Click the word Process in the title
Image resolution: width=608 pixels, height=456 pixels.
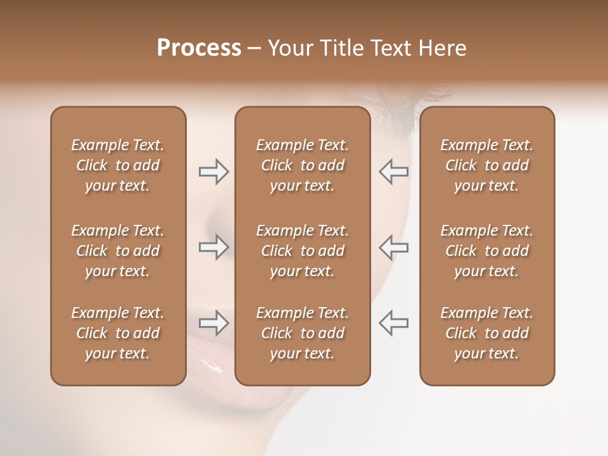tap(199, 47)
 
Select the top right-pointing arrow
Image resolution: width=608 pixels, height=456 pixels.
tap(213, 172)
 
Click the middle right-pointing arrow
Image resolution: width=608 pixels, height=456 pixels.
tap(213, 247)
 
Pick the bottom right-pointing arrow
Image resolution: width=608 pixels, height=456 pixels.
tap(213, 324)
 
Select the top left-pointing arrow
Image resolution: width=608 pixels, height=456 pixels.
tap(394, 172)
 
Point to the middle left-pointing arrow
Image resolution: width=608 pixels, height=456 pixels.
tap(394, 247)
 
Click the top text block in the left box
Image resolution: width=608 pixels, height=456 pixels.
tap(118, 165)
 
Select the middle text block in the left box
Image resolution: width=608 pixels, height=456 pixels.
tap(118, 251)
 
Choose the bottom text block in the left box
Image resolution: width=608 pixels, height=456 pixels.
tap(118, 333)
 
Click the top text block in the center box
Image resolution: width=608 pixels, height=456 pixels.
tap(302, 165)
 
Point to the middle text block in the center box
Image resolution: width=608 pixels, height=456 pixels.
tap(302, 251)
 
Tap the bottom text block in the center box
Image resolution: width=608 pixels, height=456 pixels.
tap(302, 333)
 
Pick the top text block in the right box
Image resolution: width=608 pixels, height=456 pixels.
tap(487, 165)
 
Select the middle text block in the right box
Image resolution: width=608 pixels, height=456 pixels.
tap(487, 251)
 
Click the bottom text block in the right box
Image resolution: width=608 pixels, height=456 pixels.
tap(487, 333)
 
